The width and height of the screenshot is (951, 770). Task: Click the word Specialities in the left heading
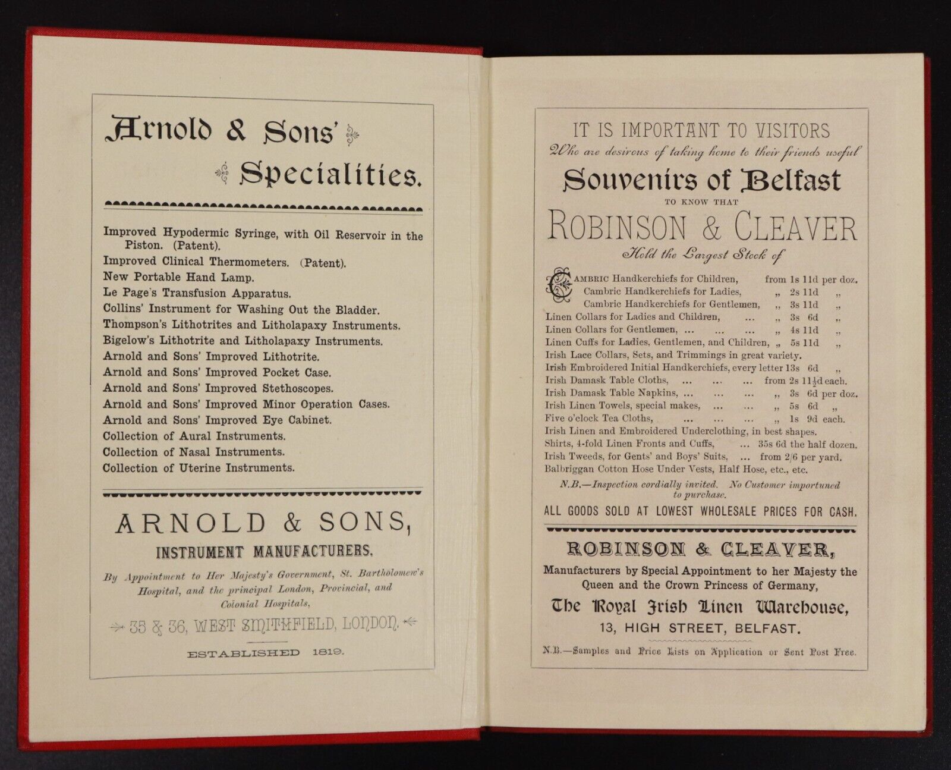[x=330, y=175]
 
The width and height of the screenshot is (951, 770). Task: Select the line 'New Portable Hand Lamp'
[x=178, y=277]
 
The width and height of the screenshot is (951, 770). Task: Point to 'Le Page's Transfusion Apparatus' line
[x=197, y=293]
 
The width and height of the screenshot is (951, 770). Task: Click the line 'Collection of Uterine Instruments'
[x=199, y=468]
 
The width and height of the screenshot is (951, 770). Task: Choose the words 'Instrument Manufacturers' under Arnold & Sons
[x=264, y=552]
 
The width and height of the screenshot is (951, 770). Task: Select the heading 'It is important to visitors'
[x=701, y=130]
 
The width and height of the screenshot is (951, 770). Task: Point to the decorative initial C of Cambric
[x=559, y=284]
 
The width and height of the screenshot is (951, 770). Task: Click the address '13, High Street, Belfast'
[x=700, y=628]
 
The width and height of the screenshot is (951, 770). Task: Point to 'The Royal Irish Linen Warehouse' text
[x=700, y=606]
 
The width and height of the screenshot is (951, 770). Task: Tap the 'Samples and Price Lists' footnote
[x=700, y=652]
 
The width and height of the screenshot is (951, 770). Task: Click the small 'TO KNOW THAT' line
[x=701, y=202]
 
